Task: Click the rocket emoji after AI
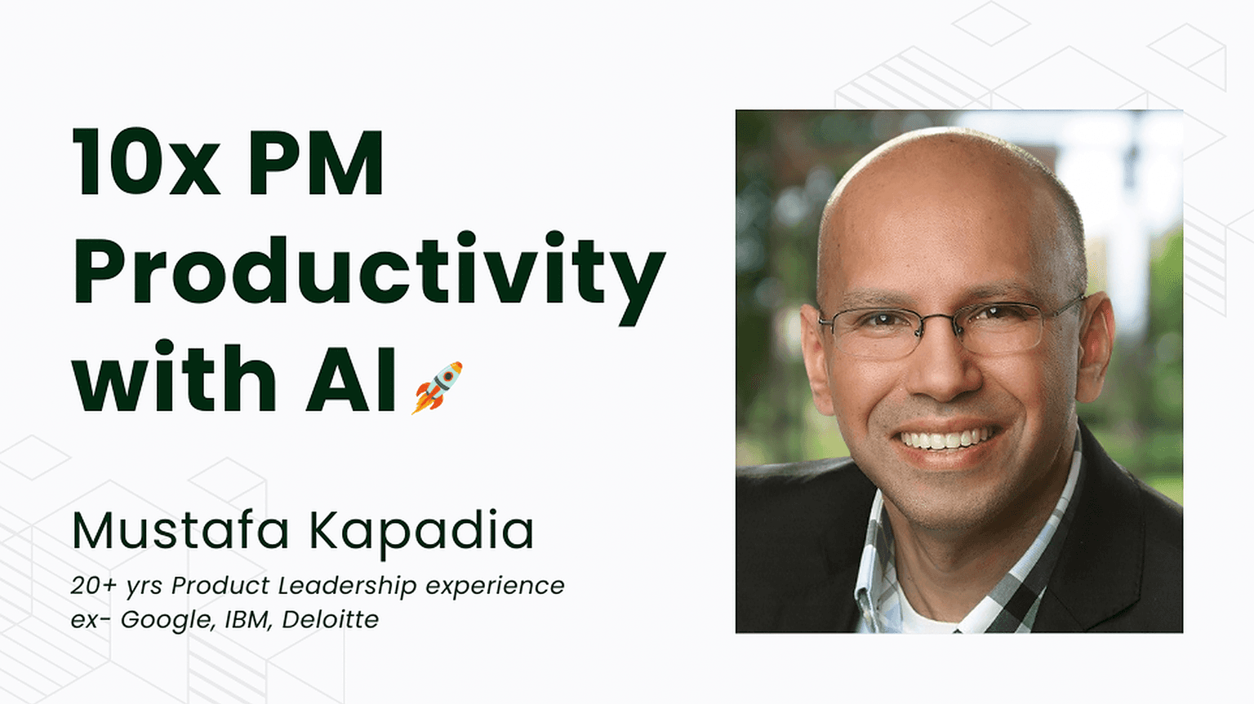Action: click(x=438, y=388)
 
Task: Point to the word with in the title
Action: click(x=174, y=378)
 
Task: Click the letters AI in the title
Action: click(x=351, y=380)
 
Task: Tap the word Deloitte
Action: click(x=331, y=619)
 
